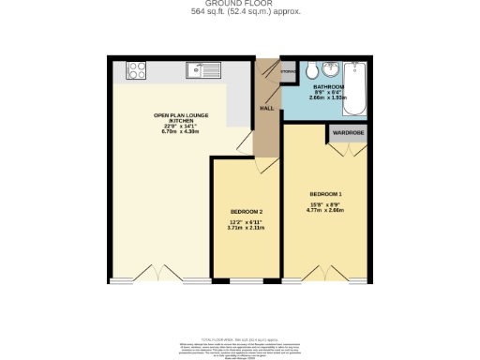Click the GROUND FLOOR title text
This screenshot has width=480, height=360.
point(240,4)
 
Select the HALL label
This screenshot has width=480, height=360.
point(266,108)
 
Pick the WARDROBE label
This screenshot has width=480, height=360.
point(347,133)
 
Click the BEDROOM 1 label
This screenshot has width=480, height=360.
point(325,193)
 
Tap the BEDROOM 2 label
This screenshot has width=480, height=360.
point(247,212)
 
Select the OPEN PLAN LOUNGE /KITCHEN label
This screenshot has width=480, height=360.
point(181,118)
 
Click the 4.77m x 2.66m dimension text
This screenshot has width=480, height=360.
point(325,210)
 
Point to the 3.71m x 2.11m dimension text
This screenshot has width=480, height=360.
point(247,228)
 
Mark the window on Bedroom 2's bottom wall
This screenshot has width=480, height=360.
point(246,280)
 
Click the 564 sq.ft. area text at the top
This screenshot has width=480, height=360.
point(240,13)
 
